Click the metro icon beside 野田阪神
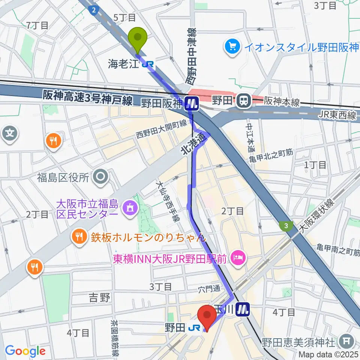[x=192, y=102]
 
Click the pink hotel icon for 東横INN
[x=238, y=258]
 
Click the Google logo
[x=25, y=351]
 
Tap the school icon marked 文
[x=10, y=133]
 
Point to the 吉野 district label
[x=99, y=298]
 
